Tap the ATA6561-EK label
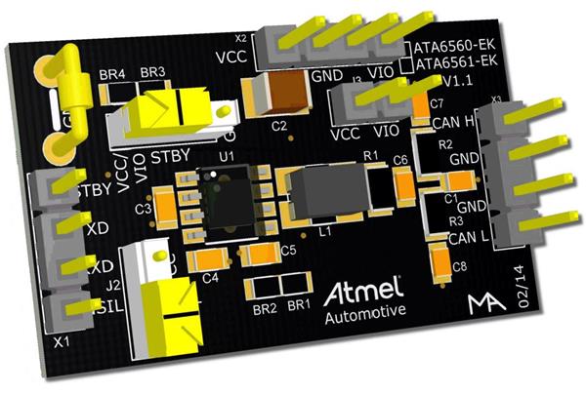[x=450, y=62]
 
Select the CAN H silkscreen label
[x=453, y=121]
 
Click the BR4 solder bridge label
[x=113, y=75]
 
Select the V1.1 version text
[x=457, y=80]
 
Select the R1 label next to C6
[x=369, y=154]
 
